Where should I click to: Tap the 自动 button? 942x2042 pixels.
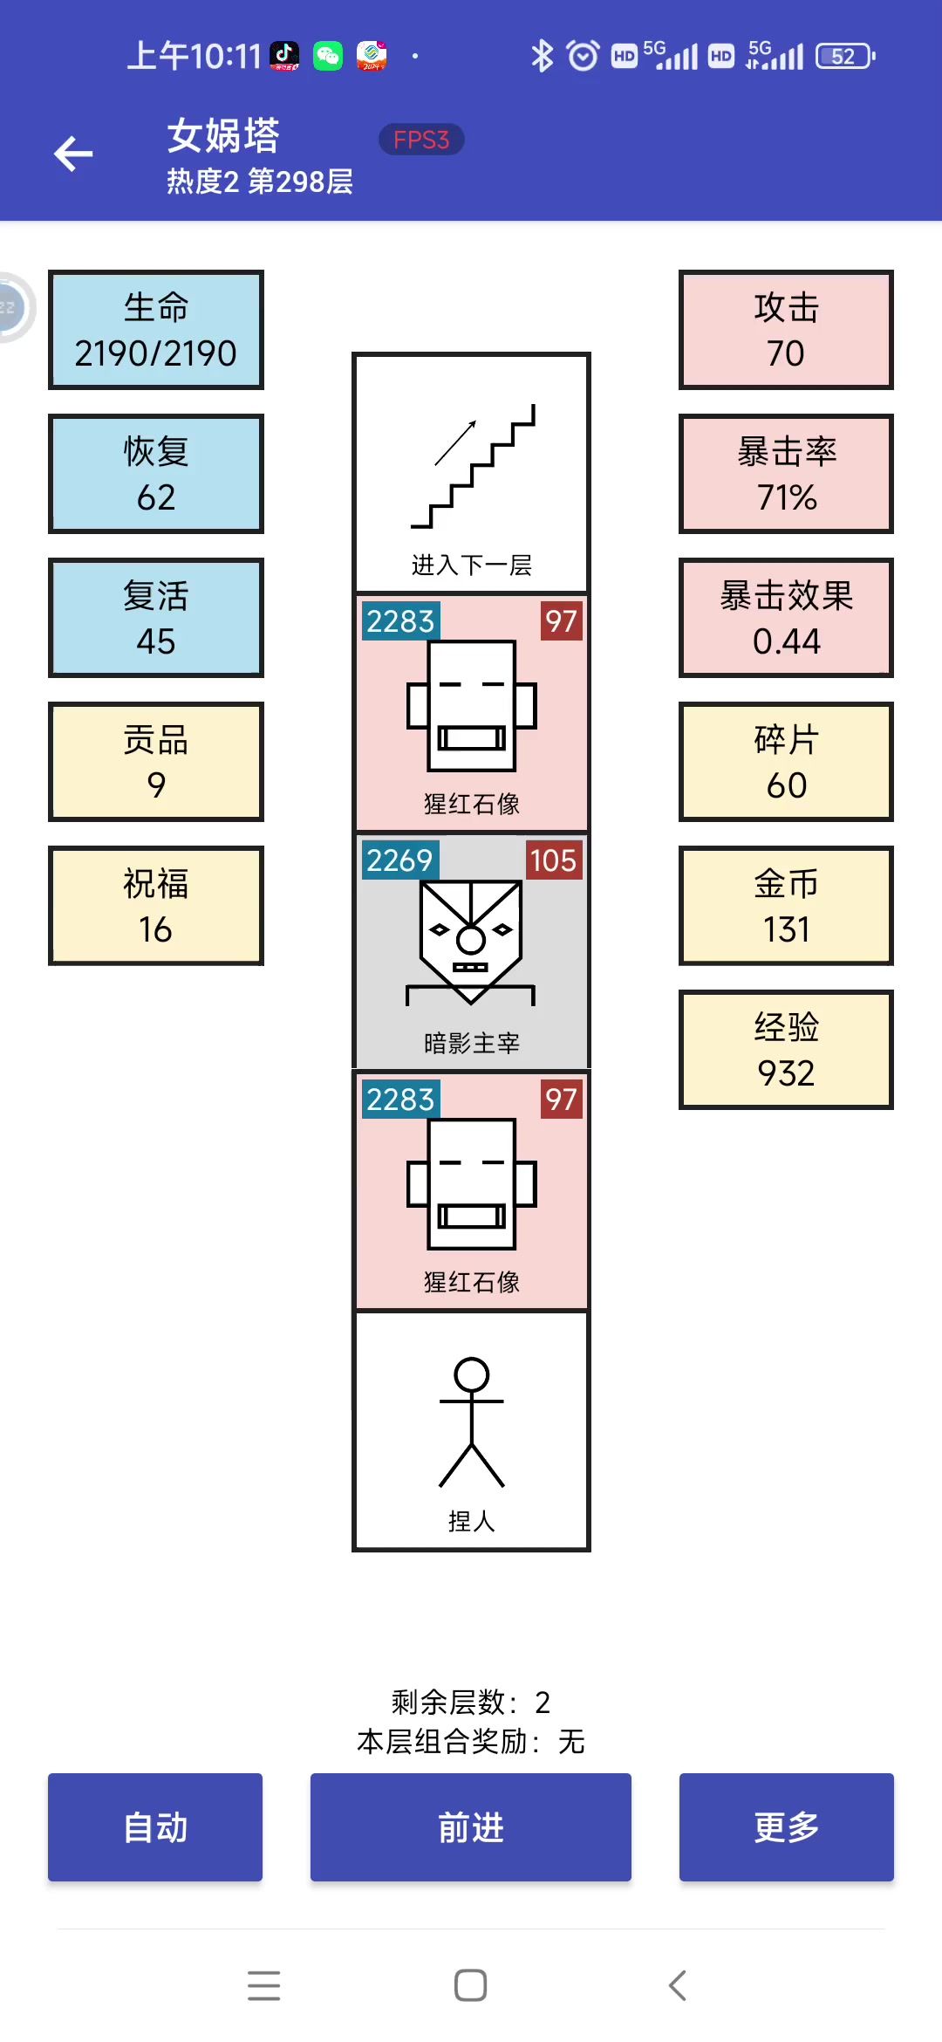pyautogui.click(x=155, y=1826)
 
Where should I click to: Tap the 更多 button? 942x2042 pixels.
pyautogui.click(x=786, y=1826)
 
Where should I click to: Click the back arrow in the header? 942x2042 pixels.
pyautogui.click(x=73, y=154)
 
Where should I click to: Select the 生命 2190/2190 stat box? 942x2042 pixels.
pyautogui.click(x=156, y=330)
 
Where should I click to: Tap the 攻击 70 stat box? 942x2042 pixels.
pyautogui.click(x=786, y=330)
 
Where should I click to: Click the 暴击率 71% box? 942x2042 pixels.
pyautogui.click(x=786, y=474)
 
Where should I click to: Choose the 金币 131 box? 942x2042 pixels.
pyautogui.click(x=786, y=906)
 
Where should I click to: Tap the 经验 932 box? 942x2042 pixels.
pyautogui.click(x=786, y=1050)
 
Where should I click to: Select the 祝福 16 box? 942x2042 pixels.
pyautogui.click(x=156, y=906)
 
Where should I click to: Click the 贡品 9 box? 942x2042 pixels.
pyautogui.click(x=156, y=762)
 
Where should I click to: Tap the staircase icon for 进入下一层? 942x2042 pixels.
pyautogui.click(x=472, y=467)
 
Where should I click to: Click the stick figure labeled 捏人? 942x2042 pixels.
pyautogui.click(x=472, y=1422)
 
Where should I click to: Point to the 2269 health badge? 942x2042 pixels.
pyautogui.click(x=399, y=860)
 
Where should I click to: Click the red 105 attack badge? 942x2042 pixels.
pyautogui.click(x=553, y=860)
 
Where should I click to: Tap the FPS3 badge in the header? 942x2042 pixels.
pyautogui.click(x=421, y=140)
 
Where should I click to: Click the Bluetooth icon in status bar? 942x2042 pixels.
pyautogui.click(x=542, y=57)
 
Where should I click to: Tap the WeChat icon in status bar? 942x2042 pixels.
pyautogui.click(x=328, y=57)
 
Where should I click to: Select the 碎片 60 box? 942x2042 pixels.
pyautogui.click(x=786, y=762)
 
